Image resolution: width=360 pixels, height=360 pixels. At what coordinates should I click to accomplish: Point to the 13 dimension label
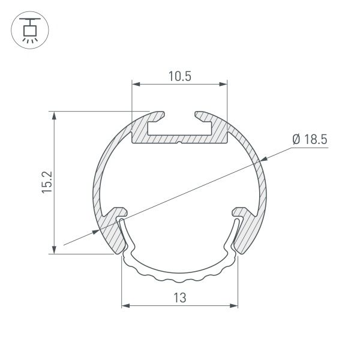(x=179, y=297)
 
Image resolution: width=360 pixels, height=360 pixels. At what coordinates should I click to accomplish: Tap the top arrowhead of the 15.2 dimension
(x=55, y=115)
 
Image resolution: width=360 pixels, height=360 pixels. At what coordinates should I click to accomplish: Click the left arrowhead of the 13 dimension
(x=126, y=306)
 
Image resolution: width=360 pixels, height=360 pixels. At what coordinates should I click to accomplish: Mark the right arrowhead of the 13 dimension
(x=233, y=306)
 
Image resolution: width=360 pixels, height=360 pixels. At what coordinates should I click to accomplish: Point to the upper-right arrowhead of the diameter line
(x=262, y=158)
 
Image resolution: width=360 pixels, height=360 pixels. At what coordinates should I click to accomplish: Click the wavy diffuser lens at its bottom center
(x=179, y=279)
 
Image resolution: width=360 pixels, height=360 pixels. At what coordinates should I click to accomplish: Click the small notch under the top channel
(x=179, y=143)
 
